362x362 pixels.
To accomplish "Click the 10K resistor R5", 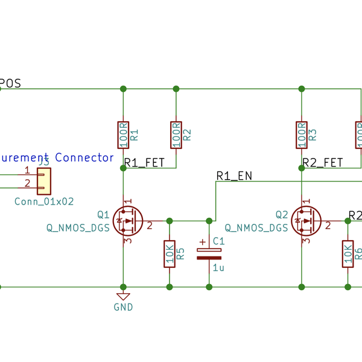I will (x=170, y=254).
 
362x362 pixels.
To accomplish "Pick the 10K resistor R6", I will (x=348, y=254).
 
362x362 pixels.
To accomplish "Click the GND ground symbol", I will (x=123, y=297).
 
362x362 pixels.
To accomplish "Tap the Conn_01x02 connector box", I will (x=44, y=179).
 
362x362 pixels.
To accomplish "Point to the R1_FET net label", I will (x=144, y=162).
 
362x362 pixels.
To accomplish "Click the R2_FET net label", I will (x=322, y=162).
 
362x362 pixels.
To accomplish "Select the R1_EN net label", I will (x=233, y=176).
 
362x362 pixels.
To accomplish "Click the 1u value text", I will (x=218, y=267).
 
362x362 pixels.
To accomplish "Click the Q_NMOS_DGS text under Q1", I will (x=78, y=227).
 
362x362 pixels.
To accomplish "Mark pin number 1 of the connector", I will (x=27, y=171).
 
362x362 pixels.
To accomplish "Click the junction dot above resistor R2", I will (x=176, y=89).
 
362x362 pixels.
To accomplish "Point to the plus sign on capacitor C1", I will (x=202, y=242).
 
